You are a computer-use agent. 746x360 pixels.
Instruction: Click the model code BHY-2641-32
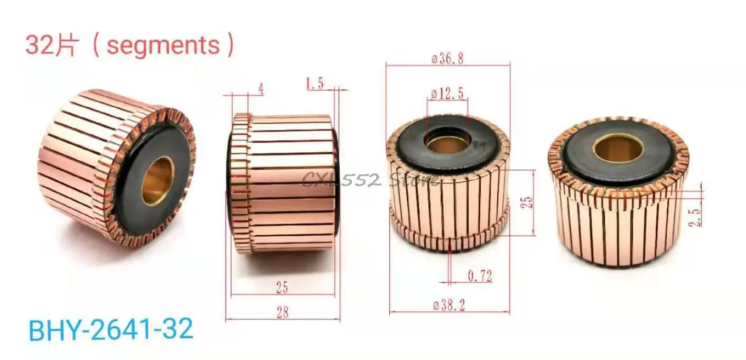(x=111, y=330)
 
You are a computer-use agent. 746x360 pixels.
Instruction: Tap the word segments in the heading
(x=163, y=45)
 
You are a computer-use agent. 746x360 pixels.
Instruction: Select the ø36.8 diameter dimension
(x=447, y=59)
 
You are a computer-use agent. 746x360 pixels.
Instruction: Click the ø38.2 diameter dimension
(x=449, y=306)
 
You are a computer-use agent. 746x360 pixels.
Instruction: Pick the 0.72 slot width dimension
(x=480, y=275)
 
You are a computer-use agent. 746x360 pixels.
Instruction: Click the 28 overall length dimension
(x=283, y=312)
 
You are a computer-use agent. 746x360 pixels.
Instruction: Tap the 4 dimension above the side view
(x=260, y=90)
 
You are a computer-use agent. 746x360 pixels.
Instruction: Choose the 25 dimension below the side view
(x=282, y=288)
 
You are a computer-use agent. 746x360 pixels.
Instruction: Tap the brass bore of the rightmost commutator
(x=618, y=147)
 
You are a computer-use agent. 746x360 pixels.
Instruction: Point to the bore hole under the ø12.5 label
(x=447, y=142)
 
